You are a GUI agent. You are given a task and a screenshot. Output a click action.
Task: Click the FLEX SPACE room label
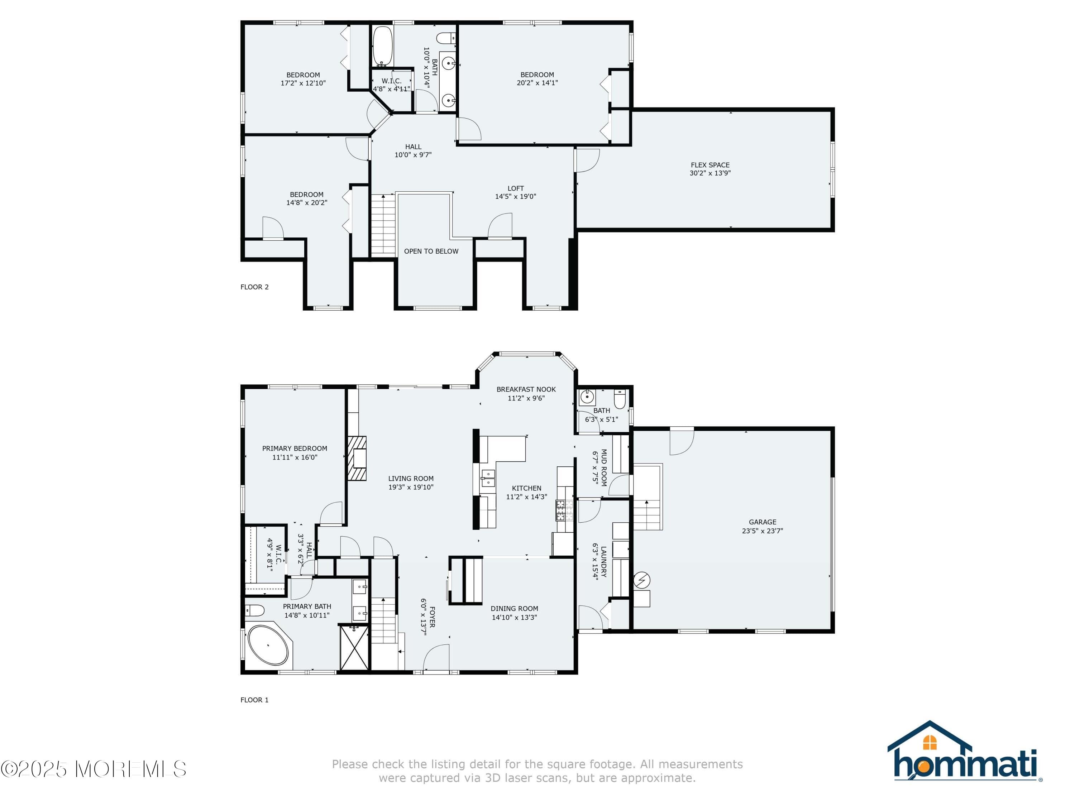710,165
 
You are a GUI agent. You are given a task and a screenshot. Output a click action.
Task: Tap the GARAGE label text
762,522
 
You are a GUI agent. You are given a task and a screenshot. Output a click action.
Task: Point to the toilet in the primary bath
254,610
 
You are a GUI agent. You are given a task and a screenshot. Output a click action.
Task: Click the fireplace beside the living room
357,459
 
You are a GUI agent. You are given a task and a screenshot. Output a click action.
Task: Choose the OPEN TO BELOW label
431,251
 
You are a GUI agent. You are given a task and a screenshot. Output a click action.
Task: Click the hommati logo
964,751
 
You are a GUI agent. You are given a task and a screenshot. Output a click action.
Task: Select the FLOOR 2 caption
254,287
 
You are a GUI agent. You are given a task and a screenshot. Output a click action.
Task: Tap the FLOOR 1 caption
254,700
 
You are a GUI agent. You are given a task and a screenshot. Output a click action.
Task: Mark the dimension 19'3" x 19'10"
411,487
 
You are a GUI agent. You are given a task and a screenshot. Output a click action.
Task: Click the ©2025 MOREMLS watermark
93,769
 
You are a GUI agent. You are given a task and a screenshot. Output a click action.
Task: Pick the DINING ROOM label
514,609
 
